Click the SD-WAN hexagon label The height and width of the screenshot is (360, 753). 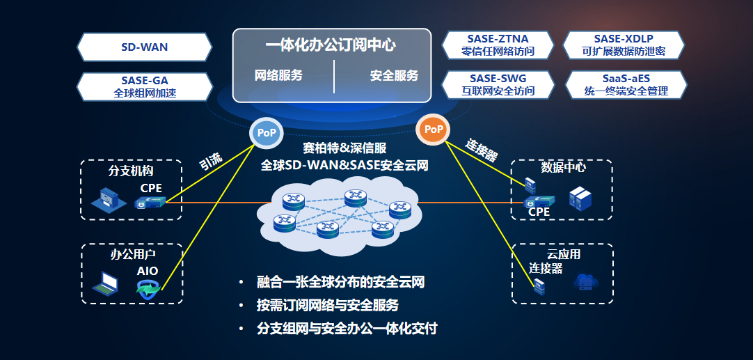tap(144, 47)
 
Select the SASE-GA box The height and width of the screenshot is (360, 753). tap(144, 86)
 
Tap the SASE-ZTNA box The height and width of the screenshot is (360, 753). tap(498, 45)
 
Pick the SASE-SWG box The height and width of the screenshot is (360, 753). tap(498, 84)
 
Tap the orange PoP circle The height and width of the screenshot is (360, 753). tap(434, 130)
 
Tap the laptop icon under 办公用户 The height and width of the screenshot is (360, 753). tap(106, 281)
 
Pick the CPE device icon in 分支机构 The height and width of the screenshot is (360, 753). tap(150, 203)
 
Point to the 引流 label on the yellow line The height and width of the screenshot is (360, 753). tap(211, 162)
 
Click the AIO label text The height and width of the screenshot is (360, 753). tap(148, 271)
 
